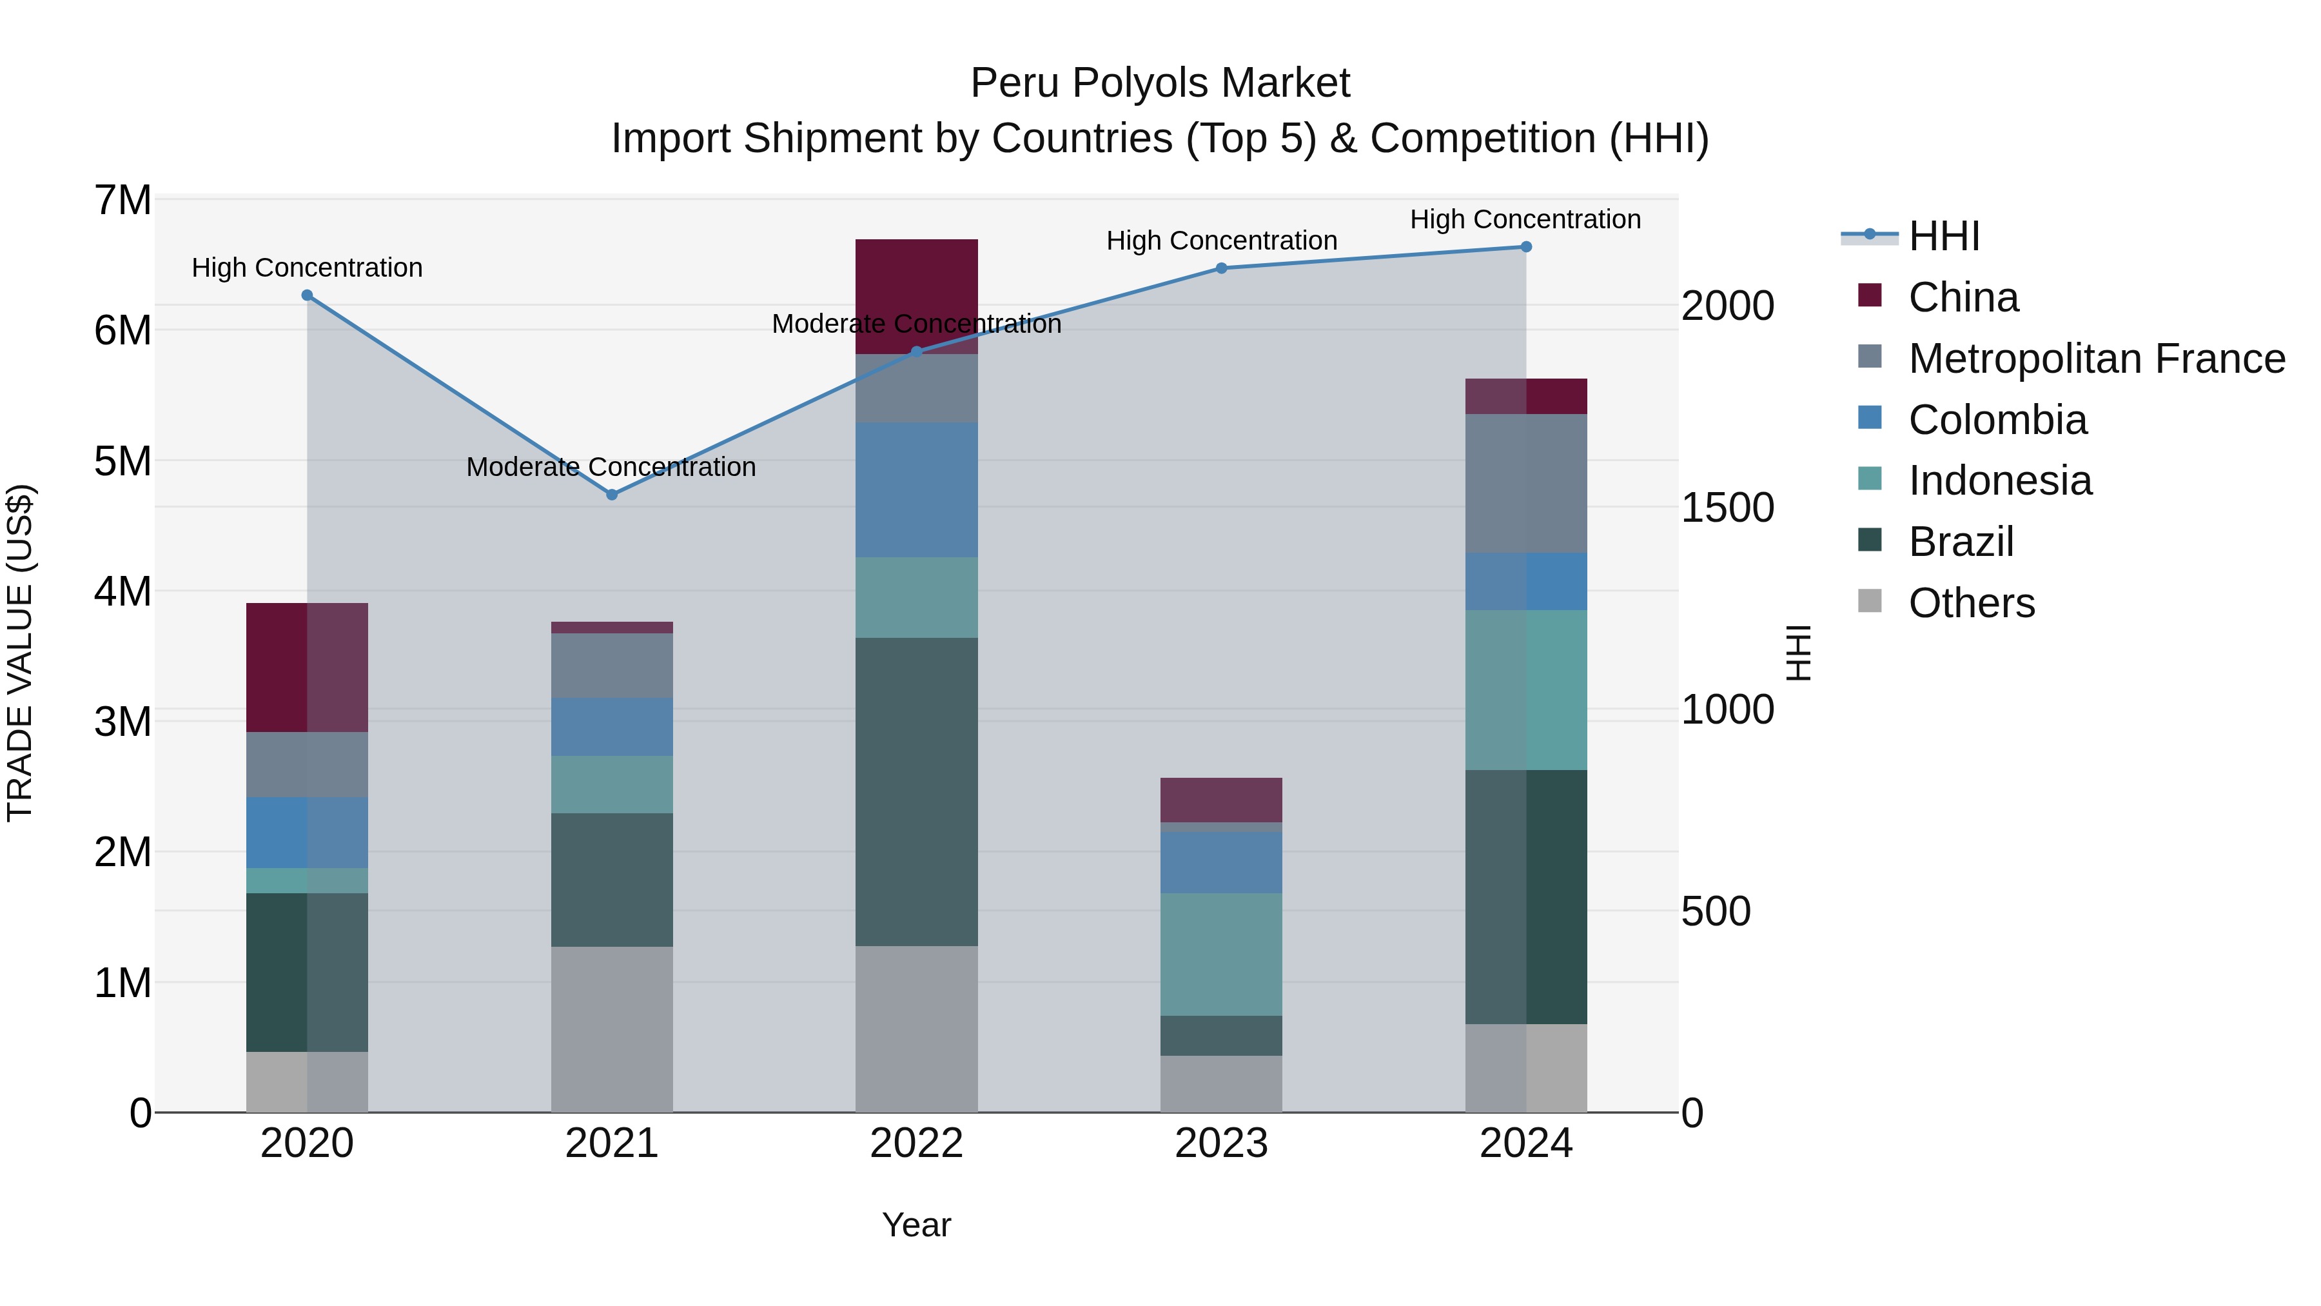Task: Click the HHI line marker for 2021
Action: click(x=612, y=494)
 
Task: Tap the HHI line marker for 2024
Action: click(x=1525, y=246)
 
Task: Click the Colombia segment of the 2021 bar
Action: click(x=612, y=726)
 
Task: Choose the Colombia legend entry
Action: click(x=1997, y=420)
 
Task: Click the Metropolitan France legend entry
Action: click(x=2096, y=359)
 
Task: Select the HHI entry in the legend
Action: click(x=1943, y=236)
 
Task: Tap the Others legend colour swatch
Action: click(x=1870, y=601)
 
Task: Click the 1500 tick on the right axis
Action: click(x=1727, y=508)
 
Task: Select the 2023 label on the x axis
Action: click(x=1221, y=1143)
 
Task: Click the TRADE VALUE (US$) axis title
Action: click(x=20, y=653)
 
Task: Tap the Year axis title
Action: click(x=916, y=1225)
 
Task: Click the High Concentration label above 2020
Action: click(x=308, y=268)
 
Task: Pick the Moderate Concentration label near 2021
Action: click(x=611, y=467)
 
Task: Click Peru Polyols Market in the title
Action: click(x=1160, y=83)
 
